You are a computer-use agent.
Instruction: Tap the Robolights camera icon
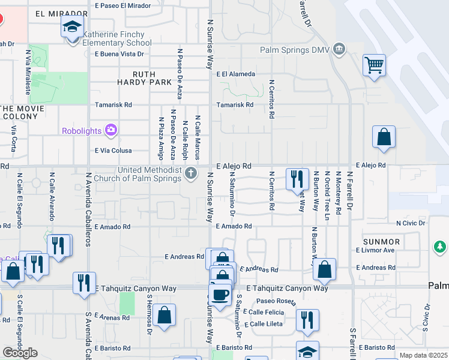point(110,130)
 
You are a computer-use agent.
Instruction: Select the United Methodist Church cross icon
point(191,174)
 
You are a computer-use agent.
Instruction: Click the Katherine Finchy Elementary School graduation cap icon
point(71,27)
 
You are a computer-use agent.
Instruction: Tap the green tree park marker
point(439,247)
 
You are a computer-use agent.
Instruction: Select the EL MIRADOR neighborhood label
point(58,13)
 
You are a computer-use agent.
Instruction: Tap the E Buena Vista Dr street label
point(119,53)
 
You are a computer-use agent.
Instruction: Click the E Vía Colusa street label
point(113,151)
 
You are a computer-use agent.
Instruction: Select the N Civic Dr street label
point(411,223)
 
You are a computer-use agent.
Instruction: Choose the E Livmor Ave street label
point(375,250)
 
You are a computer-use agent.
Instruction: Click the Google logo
point(20,353)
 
